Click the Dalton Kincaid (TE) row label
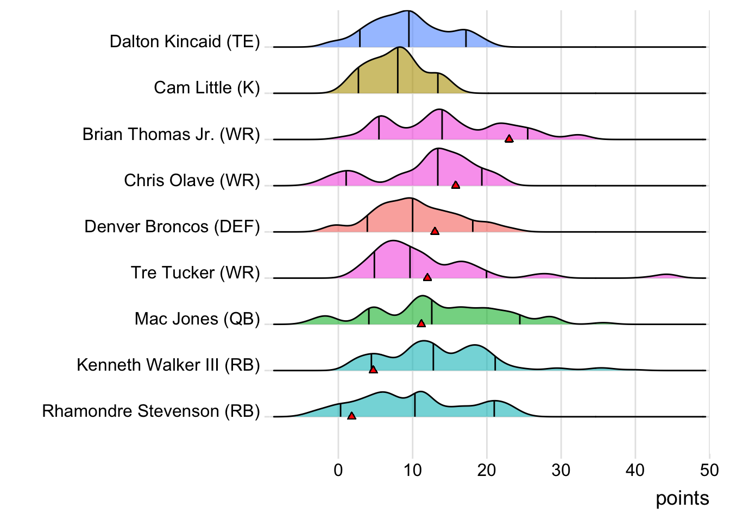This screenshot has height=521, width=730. point(185,42)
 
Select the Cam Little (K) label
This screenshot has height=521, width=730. point(207,88)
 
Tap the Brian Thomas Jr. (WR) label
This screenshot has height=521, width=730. point(171,134)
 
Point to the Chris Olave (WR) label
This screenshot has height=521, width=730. point(192,180)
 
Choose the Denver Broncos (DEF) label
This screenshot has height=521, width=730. point(172,226)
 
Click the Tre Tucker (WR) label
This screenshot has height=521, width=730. point(195,272)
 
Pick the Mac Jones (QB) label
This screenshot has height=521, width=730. point(197,319)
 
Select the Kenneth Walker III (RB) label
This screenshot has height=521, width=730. point(168,365)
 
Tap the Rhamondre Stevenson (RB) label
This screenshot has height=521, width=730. point(151,411)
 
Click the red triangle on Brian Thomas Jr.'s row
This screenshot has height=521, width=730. point(509,139)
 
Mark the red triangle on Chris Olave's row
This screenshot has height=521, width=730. point(456,185)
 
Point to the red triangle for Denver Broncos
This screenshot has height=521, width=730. point(435,231)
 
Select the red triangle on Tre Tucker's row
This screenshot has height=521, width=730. point(427,277)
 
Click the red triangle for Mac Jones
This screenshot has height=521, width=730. point(421,323)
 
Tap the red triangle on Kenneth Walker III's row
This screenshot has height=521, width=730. point(373,370)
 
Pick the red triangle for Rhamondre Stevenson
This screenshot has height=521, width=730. point(351,416)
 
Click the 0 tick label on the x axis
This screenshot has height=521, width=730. point(338,470)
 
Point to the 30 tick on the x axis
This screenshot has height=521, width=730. point(561,470)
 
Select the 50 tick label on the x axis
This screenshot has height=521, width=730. point(709,470)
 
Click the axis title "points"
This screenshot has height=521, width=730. point(682,498)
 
